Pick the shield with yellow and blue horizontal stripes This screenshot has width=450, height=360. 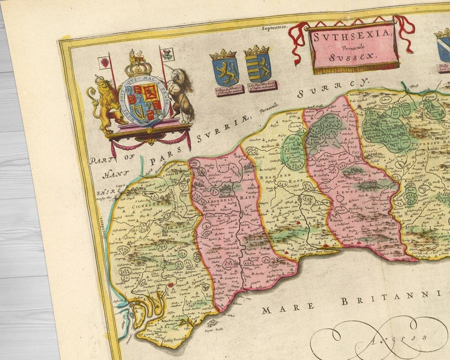258,65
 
